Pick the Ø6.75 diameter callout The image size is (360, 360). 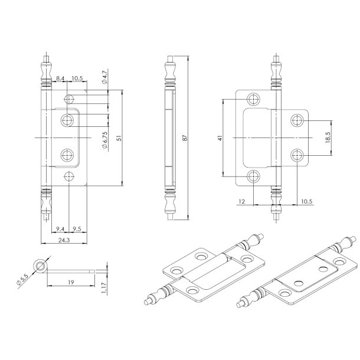point(104,142)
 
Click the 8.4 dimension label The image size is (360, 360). point(61,78)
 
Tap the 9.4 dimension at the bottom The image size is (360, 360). point(60,228)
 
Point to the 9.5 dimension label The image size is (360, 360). point(77,228)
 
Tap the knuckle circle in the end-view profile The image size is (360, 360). point(40,266)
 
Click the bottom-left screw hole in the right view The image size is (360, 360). point(254,175)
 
